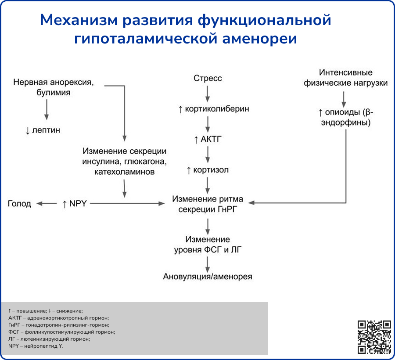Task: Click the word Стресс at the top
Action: click(x=208, y=78)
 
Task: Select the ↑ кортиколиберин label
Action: click(x=214, y=109)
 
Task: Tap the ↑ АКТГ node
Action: click(x=208, y=140)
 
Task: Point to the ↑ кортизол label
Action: click(x=208, y=170)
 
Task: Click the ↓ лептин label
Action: click(x=43, y=130)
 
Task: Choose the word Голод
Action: click(x=20, y=204)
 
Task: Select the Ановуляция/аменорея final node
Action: click(x=208, y=277)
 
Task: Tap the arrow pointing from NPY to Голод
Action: click(x=47, y=204)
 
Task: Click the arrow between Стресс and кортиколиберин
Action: click(x=208, y=94)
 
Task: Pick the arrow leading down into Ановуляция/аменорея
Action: click(x=208, y=264)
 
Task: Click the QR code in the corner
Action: click(x=374, y=337)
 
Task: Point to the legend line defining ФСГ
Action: click(x=61, y=332)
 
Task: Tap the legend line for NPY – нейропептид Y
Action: click(x=36, y=346)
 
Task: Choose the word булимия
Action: click(x=54, y=93)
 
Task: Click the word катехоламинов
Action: click(x=124, y=172)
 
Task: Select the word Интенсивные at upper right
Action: click(x=346, y=72)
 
